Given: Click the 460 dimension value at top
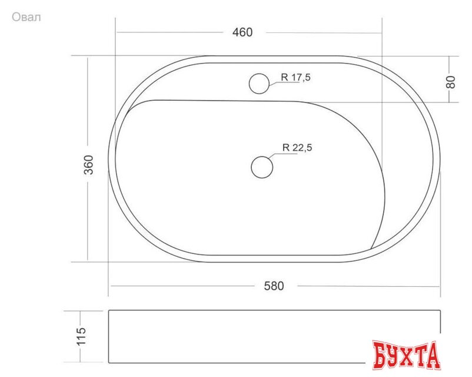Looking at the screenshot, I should tap(242, 32).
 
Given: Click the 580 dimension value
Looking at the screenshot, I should tap(274, 286).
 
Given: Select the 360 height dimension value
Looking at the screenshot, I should tap(89, 164).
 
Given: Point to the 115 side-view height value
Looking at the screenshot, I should tap(81, 336).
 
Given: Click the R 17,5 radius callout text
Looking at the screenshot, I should tap(296, 77).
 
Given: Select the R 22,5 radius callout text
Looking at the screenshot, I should tap(297, 148).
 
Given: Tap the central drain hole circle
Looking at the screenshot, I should tap(262, 167).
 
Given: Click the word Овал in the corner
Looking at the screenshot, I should tap(26, 17).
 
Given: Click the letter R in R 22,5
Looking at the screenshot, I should tap(285, 148).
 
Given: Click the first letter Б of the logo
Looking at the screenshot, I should tap(381, 355).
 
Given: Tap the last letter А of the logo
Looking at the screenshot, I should tap(433, 355).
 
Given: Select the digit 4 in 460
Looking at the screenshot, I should tap(235, 32).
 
